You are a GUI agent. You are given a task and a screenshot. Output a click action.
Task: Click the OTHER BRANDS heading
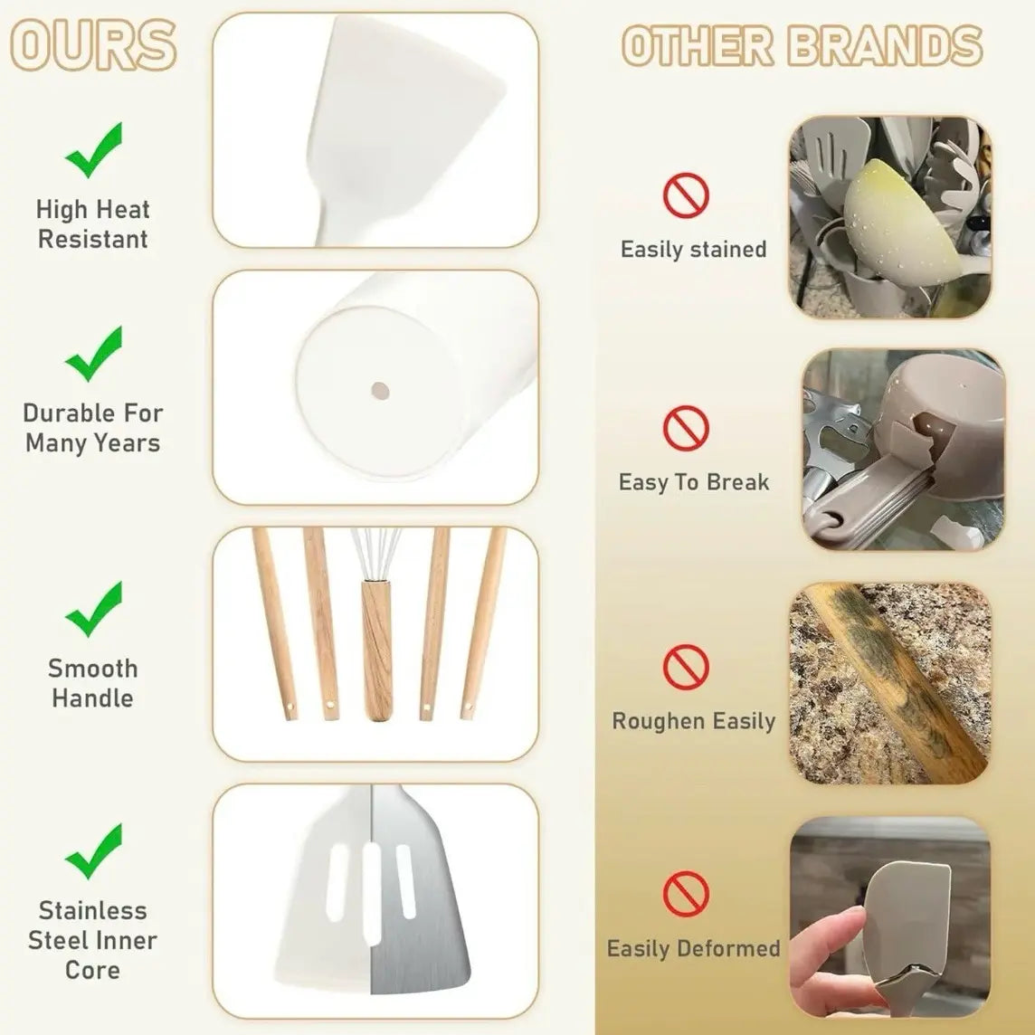pyautogui.click(x=802, y=45)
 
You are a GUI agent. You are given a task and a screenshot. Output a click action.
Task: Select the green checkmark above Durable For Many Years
pyautogui.click(x=93, y=354)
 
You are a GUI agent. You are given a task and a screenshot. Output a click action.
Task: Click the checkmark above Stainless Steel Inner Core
pyautogui.click(x=93, y=851)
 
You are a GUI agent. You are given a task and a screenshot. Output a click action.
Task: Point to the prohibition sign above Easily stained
pyautogui.click(x=687, y=195)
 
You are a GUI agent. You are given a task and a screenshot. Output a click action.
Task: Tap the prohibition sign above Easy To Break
pyautogui.click(x=687, y=428)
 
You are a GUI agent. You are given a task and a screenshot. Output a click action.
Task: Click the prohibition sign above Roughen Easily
pyautogui.click(x=687, y=668)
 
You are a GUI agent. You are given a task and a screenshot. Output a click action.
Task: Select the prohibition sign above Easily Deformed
pyautogui.click(x=687, y=895)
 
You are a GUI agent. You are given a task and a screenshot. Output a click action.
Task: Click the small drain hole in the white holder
pyautogui.click(x=378, y=390)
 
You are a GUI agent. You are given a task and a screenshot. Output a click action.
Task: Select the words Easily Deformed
pyautogui.click(x=693, y=948)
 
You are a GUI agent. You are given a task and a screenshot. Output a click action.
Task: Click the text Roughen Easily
pyautogui.click(x=693, y=721)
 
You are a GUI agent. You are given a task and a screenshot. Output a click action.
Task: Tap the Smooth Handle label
pyautogui.click(x=92, y=683)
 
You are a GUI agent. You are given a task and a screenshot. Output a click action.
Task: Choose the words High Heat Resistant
pyautogui.click(x=92, y=224)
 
